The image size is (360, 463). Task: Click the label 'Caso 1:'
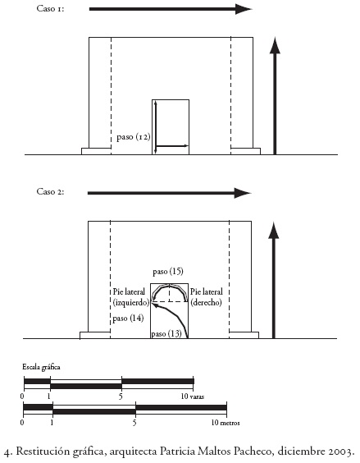pos(50,8)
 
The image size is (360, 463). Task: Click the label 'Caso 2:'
pos(50,191)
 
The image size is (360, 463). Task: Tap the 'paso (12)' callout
pos(134,137)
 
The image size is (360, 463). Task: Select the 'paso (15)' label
pos(168,272)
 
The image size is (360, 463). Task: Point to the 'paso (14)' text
pos(128,319)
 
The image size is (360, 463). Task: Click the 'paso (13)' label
pos(166,333)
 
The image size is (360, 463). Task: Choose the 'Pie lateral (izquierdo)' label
pos(131,297)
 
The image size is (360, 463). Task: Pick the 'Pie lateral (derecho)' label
pos(207,297)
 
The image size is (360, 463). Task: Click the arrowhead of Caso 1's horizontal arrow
pos(244,9)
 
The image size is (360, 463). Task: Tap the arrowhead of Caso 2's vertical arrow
pos(274,231)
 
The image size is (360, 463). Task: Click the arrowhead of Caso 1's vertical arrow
pos(275,46)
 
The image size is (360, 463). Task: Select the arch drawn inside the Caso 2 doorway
pos(170,286)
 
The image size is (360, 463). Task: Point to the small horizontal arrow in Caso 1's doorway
pos(171,146)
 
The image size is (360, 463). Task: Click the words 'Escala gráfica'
pos(41,367)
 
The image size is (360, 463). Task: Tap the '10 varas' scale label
pos(193,397)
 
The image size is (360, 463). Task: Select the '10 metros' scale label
pos(226,423)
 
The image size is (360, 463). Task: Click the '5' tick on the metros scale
pos(134,423)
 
